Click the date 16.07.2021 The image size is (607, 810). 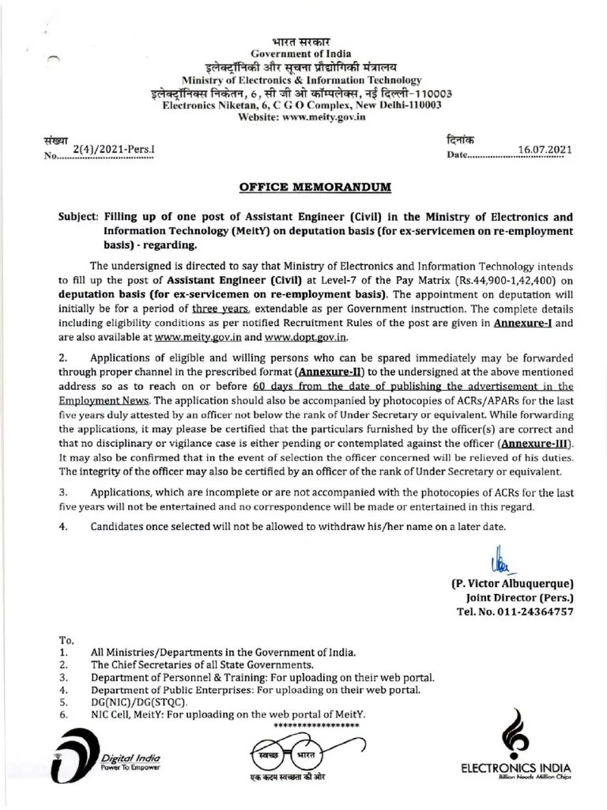545,149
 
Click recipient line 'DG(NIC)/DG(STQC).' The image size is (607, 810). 139,701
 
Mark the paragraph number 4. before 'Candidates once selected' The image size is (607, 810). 62,526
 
